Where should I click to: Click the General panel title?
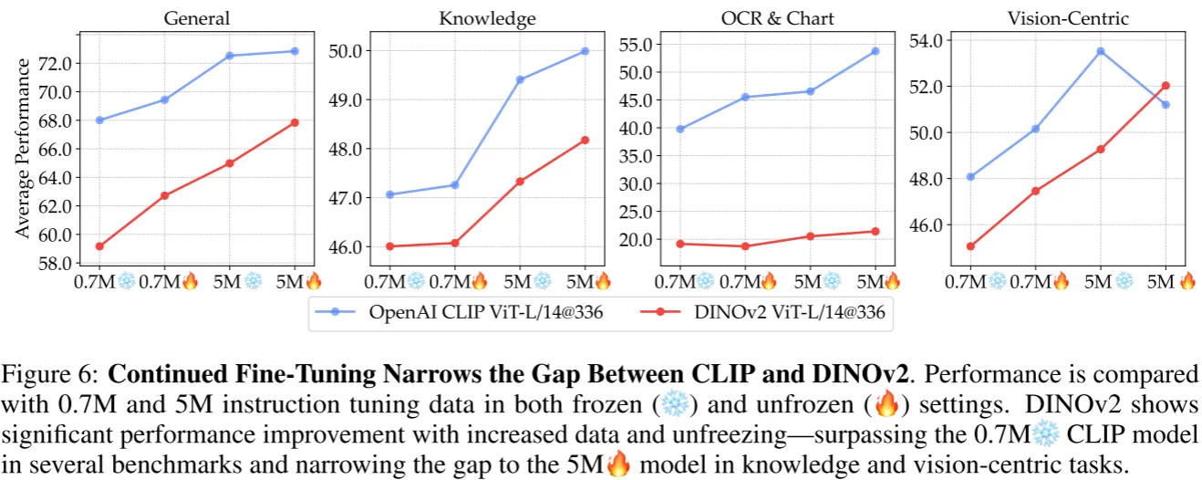pyautogui.click(x=197, y=17)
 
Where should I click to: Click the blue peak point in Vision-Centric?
pyautogui.click(x=1101, y=51)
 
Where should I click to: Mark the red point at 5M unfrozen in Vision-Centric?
pyautogui.click(x=1166, y=86)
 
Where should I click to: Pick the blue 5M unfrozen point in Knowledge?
pyautogui.click(x=585, y=51)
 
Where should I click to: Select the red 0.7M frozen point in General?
pyautogui.click(x=99, y=246)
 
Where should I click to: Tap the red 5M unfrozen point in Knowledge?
pyautogui.click(x=585, y=140)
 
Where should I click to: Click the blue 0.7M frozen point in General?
pyautogui.click(x=99, y=120)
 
